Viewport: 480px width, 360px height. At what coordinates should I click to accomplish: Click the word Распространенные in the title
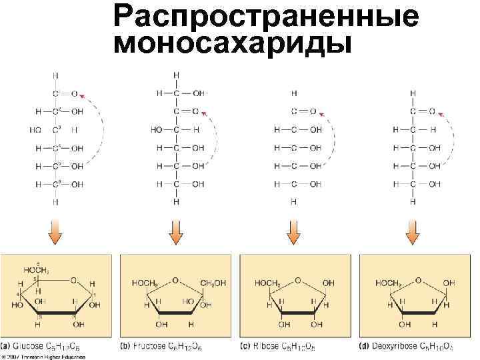click(x=267, y=17)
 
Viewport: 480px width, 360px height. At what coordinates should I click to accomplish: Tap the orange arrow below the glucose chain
click(x=56, y=233)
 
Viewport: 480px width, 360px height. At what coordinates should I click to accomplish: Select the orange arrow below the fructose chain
click(x=176, y=233)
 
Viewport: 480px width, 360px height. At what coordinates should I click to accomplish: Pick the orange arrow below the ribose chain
click(x=293, y=233)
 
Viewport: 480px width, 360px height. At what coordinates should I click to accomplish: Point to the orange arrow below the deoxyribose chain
click(x=413, y=233)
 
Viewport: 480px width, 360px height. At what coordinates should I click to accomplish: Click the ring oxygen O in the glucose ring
click(x=73, y=281)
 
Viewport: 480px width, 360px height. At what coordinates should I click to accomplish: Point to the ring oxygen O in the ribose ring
click(x=297, y=281)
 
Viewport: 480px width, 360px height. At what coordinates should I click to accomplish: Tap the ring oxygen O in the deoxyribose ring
click(x=417, y=281)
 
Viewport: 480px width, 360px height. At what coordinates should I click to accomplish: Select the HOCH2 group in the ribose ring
click(x=267, y=283)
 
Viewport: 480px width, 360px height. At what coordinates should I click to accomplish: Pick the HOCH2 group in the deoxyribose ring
click(x=388, y=283)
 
